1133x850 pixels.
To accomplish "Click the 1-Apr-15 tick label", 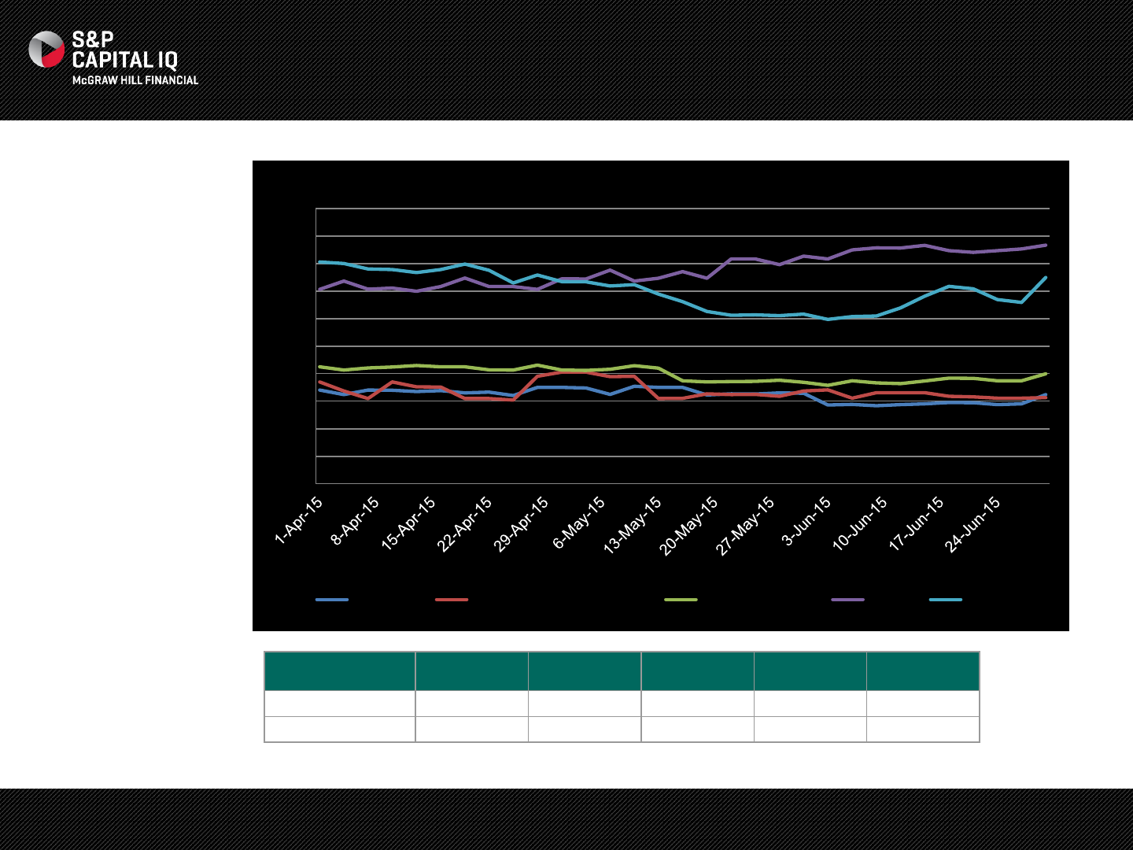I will (299, 520).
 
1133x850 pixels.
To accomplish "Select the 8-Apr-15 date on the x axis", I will (355, 520).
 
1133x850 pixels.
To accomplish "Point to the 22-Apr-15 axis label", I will (464, 524).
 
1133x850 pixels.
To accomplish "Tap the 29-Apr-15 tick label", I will (521, 524).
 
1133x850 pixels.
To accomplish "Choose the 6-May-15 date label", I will (579, 523).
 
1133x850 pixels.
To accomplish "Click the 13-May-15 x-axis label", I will (633, 526).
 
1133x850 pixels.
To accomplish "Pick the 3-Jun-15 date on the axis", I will (806, 520).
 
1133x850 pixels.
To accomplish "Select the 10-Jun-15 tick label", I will (860, 523).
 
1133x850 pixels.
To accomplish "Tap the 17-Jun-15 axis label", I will (917, 523).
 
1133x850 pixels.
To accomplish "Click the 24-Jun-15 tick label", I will (973, 524).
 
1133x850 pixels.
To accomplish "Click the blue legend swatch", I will (332, 600).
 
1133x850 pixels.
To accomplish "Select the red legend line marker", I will (452, 600).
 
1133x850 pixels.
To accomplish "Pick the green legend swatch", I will (681, 600).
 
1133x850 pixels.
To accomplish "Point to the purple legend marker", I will (847, 600).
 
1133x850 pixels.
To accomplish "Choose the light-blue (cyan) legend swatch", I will (945, 600).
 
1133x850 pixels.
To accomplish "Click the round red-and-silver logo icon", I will (46, 50).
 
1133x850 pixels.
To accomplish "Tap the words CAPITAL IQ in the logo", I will (125, 61).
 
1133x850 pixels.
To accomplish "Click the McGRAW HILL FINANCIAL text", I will (135, 80).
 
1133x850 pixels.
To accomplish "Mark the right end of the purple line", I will (1046, 245).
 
